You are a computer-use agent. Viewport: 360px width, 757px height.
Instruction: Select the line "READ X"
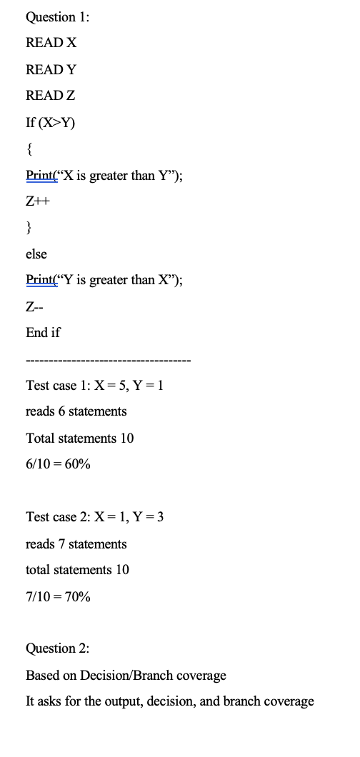[51, 43]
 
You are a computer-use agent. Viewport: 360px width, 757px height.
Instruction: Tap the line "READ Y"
[51, 69]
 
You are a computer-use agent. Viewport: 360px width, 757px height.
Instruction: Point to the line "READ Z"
[51, 96]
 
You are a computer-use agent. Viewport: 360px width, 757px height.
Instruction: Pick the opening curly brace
[29, 149]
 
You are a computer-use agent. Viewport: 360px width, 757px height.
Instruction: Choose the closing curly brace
[29, 228]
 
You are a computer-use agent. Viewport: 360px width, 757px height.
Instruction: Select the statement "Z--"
[35, 307]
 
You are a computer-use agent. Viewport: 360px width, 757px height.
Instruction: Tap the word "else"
[36, 254]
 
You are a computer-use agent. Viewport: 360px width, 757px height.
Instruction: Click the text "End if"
[44, 333]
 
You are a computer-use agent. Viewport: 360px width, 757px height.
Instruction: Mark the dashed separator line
[108, 359]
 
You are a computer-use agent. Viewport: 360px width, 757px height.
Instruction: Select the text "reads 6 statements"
[76, 411]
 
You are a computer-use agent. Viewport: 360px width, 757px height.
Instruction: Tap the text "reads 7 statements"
[76, 544]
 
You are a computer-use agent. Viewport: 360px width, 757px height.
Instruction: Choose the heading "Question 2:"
[58, 648]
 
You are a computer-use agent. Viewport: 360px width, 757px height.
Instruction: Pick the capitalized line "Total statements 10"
[79, 438]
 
